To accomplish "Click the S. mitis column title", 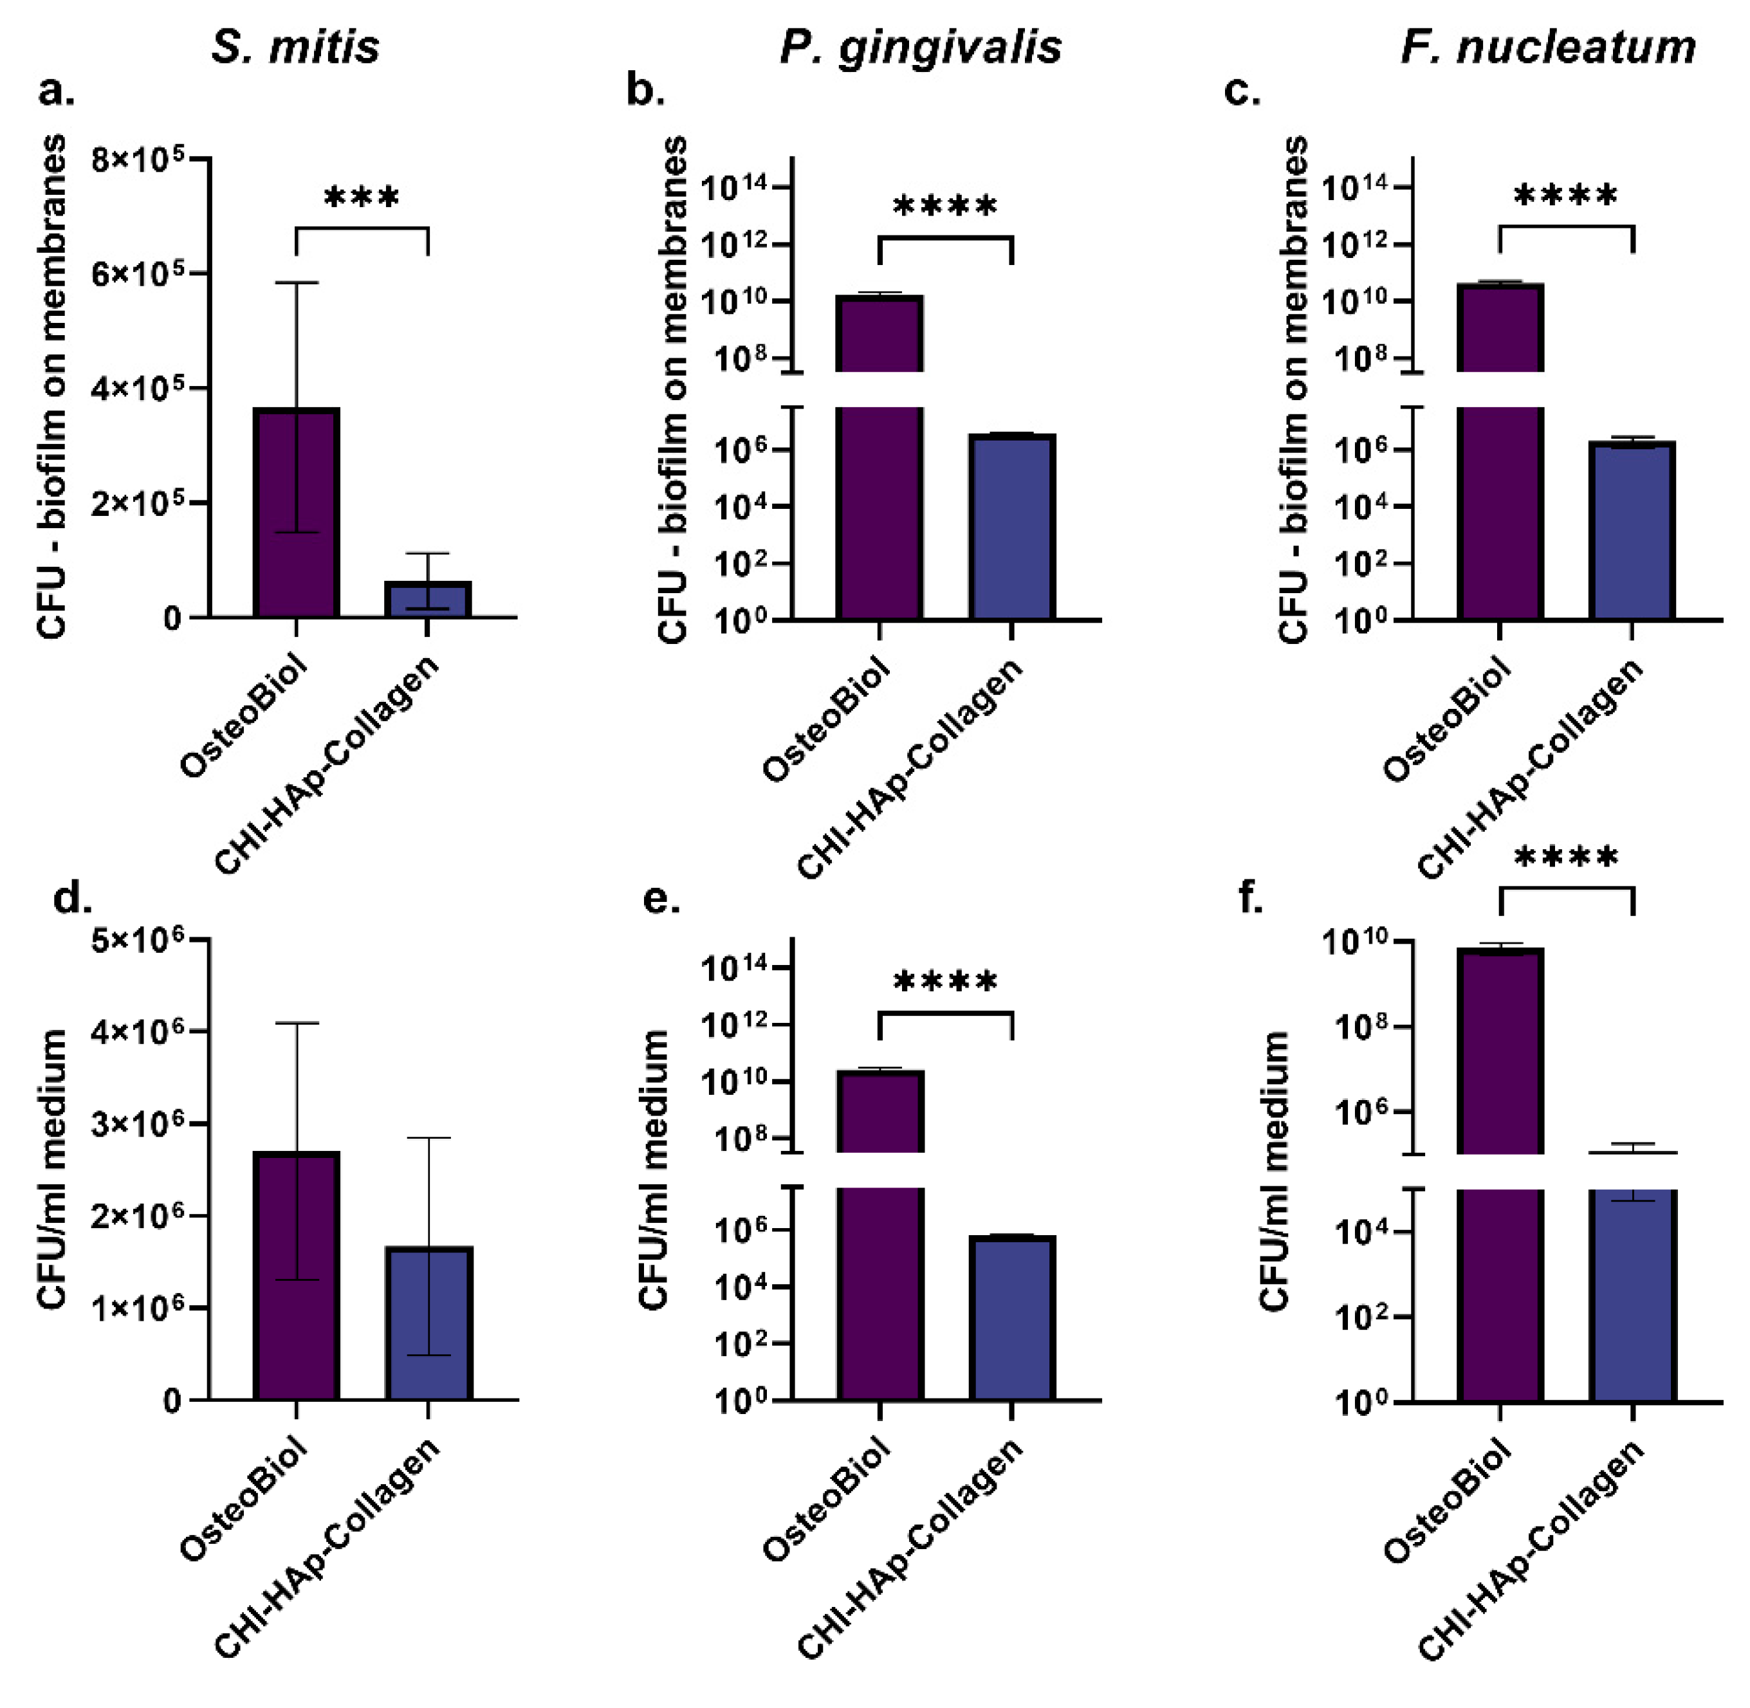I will [295, 47].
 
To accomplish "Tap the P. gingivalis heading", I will [920, 47].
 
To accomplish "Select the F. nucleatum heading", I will [1547, 47].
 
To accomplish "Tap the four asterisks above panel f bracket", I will [1565, 858].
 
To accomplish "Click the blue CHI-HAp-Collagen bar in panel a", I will [428, 599].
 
